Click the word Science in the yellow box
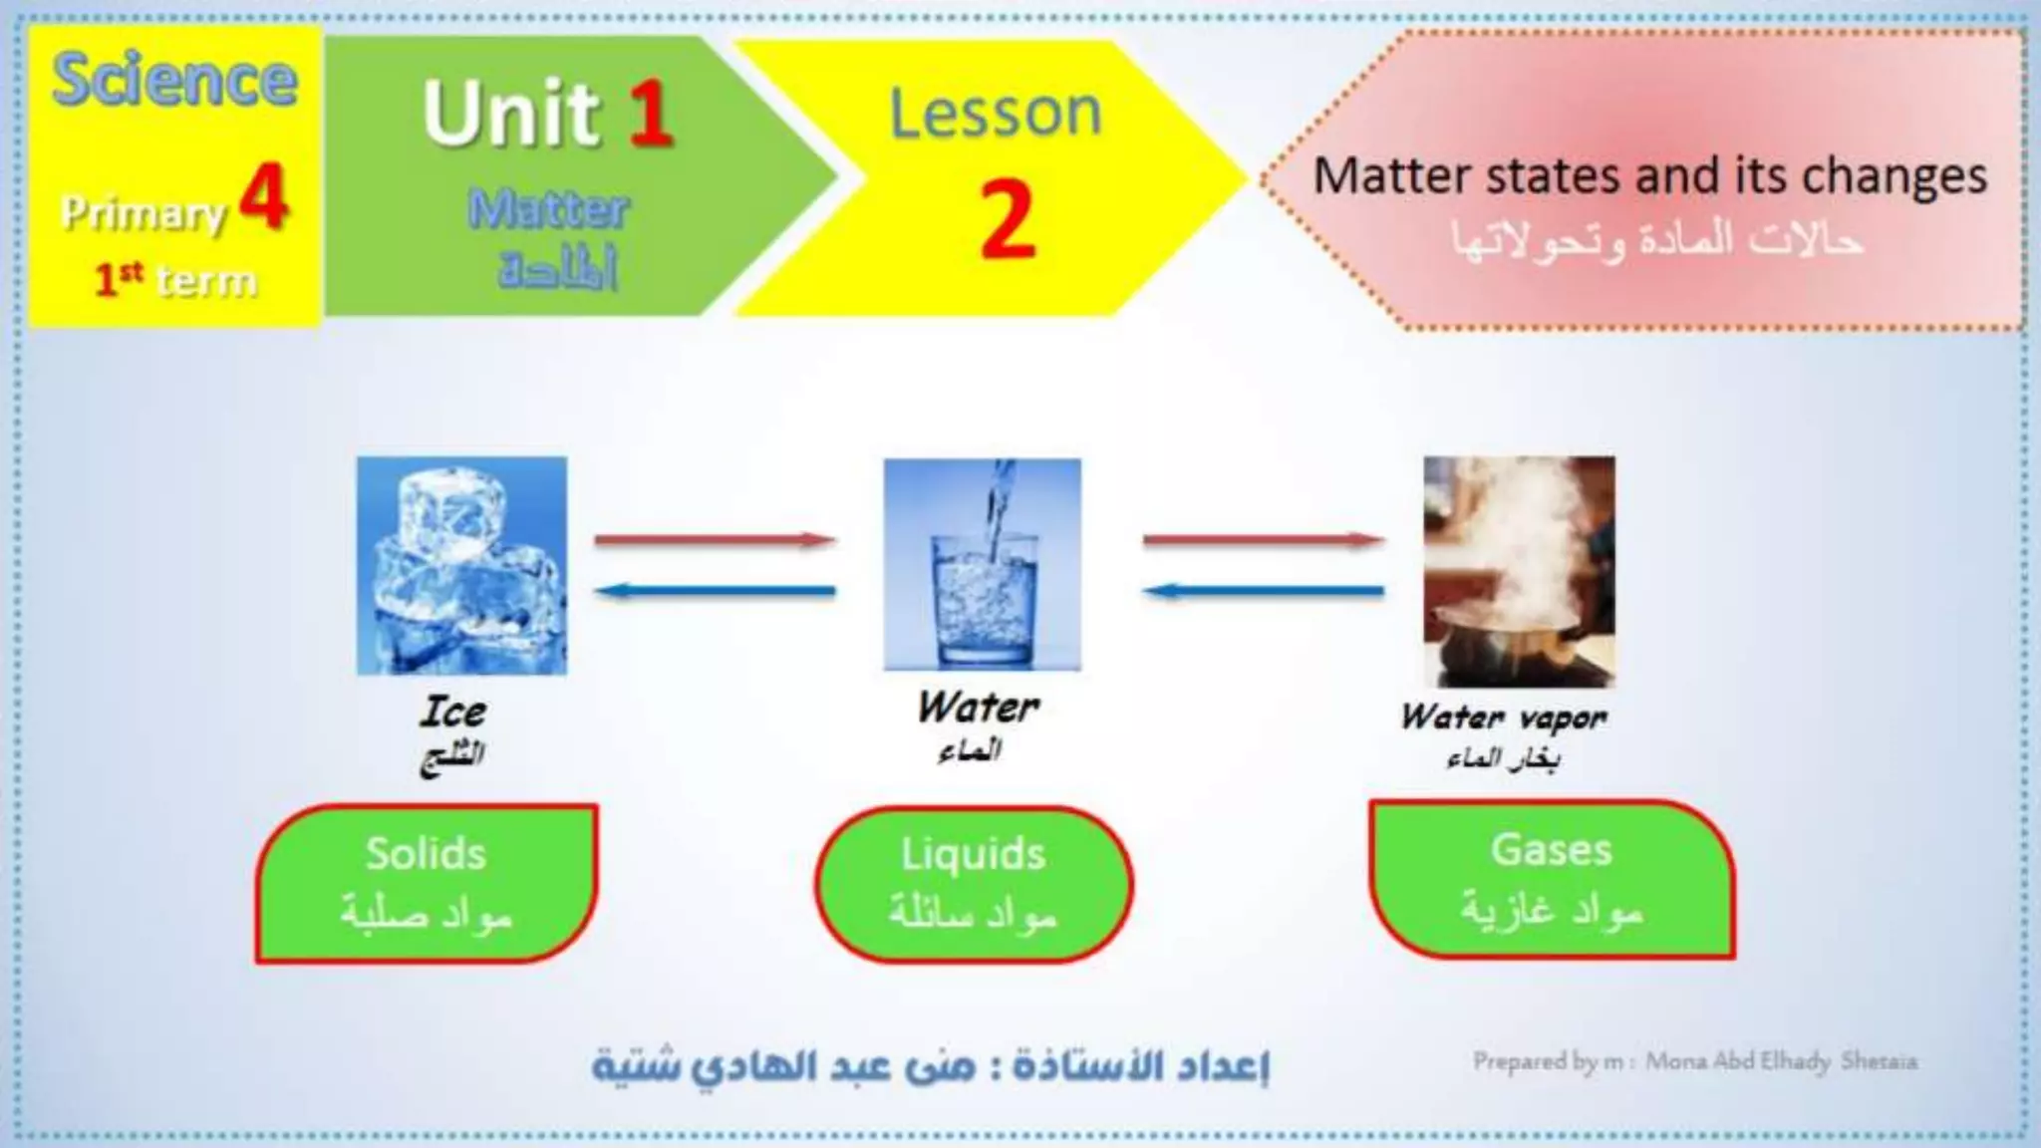click(x=174, y=80)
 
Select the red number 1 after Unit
click(x=649, y=114)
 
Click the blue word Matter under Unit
click(x=549, y=210)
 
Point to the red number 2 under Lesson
click(x=1007, y=221)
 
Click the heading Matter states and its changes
click(x=1649, y=176)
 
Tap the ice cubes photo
click(x=462, y=565)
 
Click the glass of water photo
click(x=982, y=564)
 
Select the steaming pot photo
click(x=1519, y=571)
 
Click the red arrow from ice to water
click(x=715, y=540)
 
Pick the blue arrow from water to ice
click(x=715, y=592)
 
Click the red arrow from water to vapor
click(x=1263, y=540)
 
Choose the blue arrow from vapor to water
click(x=1263, y=592)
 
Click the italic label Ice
click(x=453, y=712)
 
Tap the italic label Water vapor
click(x=1503, y=717)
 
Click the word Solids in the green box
click(x=426, y=854)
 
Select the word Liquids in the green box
click(x=974, y=855)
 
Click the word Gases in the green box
click(x=1551, y=850)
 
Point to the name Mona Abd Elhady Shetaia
click(x=1780, y=1061)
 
